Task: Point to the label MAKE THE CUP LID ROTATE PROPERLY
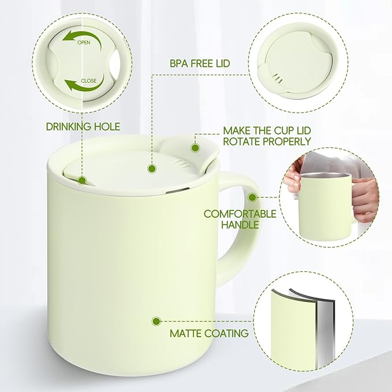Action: coord(267,136)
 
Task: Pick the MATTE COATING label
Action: coord(209,333)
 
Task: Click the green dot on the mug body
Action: coord(155,320)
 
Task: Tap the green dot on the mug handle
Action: coord(252,197)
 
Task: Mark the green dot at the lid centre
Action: coord(152,169)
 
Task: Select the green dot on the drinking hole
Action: coord(82,180)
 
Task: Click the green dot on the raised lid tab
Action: coord(195,148)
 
